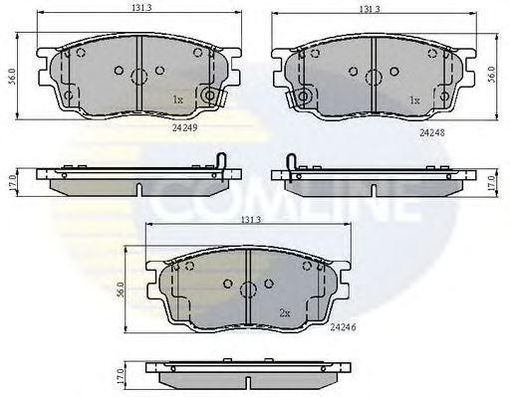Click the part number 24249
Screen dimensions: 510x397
[x=185, y=127]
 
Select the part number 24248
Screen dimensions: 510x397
[x=432, y=132]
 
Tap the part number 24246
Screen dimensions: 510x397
[x=343, y=327]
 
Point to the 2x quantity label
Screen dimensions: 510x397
[x=285, y=312]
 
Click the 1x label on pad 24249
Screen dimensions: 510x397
[x=177, y=99]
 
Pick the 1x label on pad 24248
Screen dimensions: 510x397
[x=414, y=99]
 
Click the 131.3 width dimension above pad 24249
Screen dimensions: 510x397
[x=141, y=8]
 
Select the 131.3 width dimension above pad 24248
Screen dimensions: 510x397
[x=370, y=9]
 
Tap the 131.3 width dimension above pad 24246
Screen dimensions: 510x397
[x=250, y=220]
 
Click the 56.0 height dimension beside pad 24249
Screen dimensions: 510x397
[x=12, y=76]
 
